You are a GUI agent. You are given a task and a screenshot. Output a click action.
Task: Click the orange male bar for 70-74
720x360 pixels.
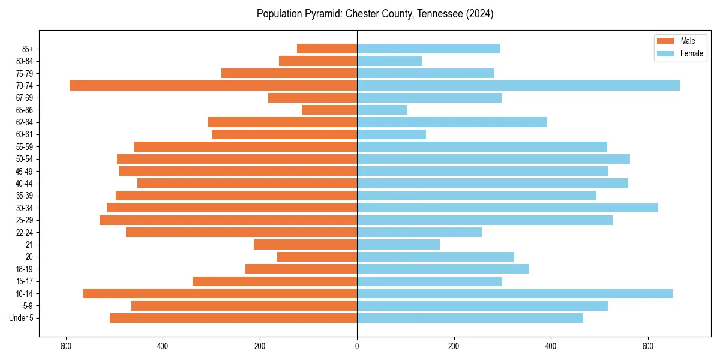click(x=213, y=85)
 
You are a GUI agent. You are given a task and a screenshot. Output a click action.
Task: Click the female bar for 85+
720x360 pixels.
click(x=428, y=49)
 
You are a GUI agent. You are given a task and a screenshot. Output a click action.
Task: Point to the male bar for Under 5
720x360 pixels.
click(x=233, y=318)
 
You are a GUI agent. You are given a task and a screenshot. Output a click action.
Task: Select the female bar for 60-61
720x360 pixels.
click(x=391, y=134)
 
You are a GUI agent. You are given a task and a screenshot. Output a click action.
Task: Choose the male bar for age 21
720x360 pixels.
click(x=305, y=245)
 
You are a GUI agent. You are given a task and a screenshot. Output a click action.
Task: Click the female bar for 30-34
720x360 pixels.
click(x=508, y=208)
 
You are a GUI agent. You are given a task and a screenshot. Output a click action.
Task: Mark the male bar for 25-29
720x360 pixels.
click(x=228, y=220)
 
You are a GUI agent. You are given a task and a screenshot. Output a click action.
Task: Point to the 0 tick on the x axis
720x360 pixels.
click(x=357, y=346)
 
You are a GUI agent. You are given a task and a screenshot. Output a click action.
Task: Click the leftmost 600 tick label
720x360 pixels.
click(x=66, y=346)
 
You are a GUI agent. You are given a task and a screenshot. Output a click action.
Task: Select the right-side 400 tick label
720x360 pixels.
click(x=551, y=346)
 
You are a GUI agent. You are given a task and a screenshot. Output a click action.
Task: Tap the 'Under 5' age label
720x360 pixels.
click(x=21, y=318)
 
